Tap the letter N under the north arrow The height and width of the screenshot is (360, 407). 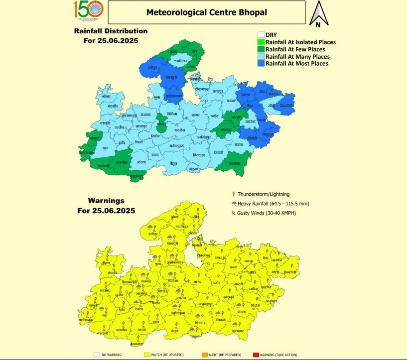pos(317,23)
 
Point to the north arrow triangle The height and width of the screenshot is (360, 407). pos(317,10)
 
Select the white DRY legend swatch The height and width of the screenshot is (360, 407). pos(261,35)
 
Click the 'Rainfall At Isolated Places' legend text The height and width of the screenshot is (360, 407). pos(300,42)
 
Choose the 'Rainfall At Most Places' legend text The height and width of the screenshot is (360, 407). pos(297,64)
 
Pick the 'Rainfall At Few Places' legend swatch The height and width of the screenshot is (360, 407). pos(261,49)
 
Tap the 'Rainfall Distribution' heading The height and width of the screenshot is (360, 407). pos(111,31)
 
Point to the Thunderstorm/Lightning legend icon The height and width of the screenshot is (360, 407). pos(234,194)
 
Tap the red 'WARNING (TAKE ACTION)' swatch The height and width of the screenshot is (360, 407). pos(256,355)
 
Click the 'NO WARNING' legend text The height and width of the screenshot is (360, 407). pos(111,355)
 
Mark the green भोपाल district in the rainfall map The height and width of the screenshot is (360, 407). pos(161,120)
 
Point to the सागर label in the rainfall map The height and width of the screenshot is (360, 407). pos(195,116)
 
